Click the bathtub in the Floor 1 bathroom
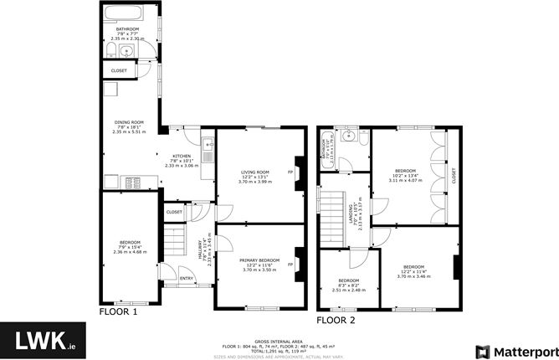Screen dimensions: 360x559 click(x=126, y=14)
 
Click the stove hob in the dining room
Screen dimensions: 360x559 click(x=131, y=182)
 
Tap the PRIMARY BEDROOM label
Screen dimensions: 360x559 click(x=254, y=260)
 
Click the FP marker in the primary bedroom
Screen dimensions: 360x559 click(x=290, y=265)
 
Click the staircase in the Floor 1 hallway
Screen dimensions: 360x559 click(x=172, y=244)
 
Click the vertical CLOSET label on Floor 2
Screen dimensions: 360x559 click(x=453, y=176)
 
